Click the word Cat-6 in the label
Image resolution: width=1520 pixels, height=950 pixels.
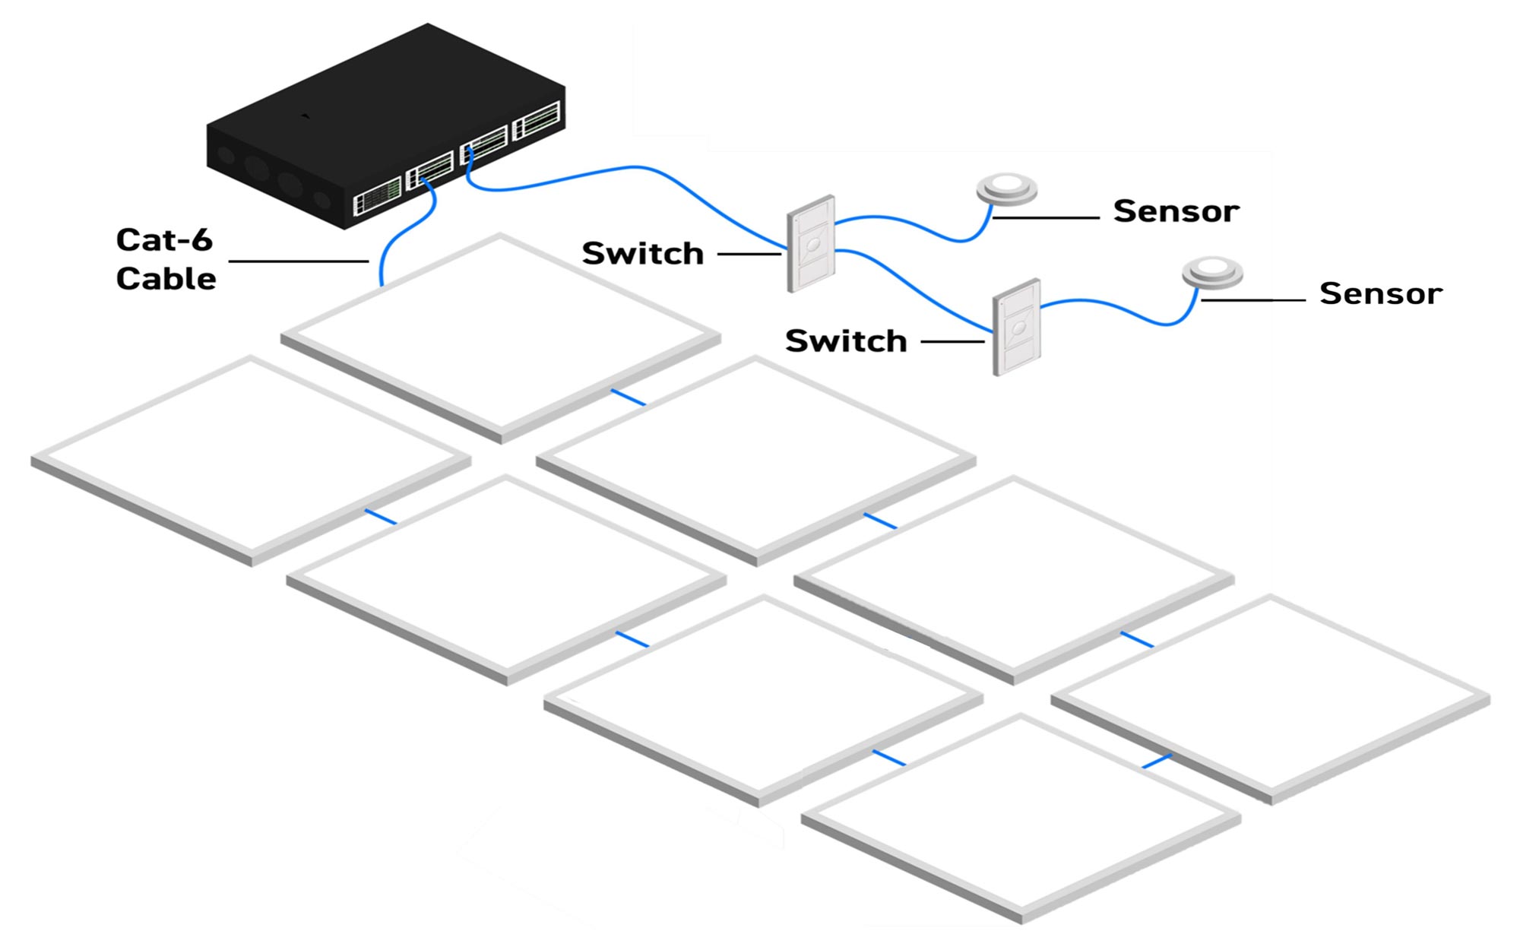click(x=164, y=240)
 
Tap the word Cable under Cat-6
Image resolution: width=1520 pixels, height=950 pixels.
click(x=166, y=279)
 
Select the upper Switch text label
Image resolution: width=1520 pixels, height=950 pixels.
click(x=643, y=254)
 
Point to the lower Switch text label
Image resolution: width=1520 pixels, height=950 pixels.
click(x=846, y=341)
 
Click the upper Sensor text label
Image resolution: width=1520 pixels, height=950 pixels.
click(x=1176, y=211)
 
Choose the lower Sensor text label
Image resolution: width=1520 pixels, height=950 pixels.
click(x=1380, y=293)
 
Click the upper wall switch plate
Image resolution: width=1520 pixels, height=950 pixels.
click(x=811, y=244)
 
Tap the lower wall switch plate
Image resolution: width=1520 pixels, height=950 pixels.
click(x=1017, y=328)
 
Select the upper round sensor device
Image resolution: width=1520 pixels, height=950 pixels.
click(x=1007, y=188)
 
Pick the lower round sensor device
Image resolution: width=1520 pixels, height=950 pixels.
click(x=1212, y=272)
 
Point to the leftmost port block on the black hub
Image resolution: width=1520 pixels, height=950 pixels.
click(x=377, y=196)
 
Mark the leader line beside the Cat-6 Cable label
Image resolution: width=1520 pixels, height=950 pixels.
click(x=298, y=261)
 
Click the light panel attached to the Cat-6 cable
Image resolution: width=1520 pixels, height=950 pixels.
click(x=500, y=334)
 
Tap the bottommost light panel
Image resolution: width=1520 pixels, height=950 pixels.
click(x=1021, y=817)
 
